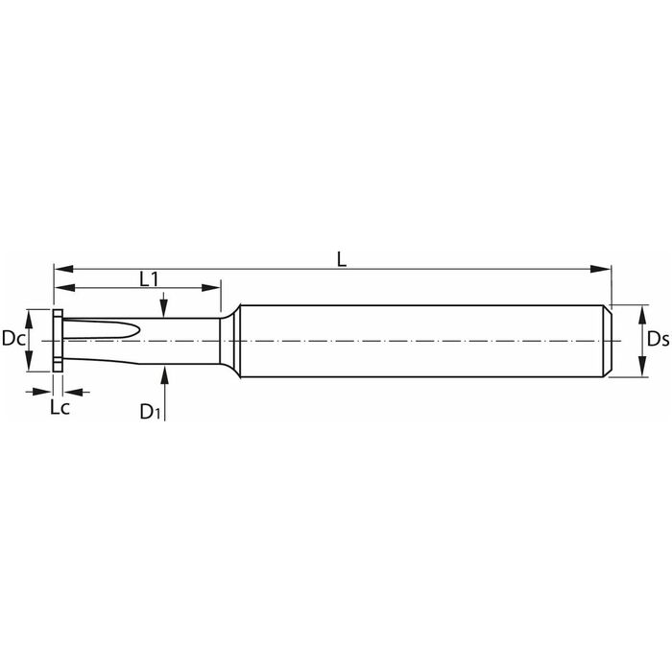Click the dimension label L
[x=341, y=260]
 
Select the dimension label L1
[x=149, y=279]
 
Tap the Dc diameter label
[x=12, y=339]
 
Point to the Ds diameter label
[x=658, y=340]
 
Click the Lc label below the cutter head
[x=60, y=408]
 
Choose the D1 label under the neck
[x=150, y=412]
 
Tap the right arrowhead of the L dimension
[x=600, y=269]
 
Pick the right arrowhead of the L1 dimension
[x=210, y=288]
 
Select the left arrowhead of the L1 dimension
[x=64, y=288]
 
